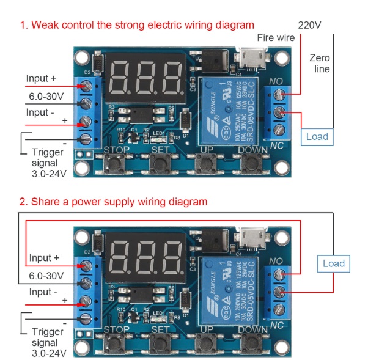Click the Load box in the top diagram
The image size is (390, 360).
[317, 136]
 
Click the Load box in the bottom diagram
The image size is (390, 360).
[334, 263]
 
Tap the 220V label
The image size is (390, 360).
[309, 25]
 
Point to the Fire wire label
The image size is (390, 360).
[276, 37]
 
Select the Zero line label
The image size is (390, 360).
[320, 63]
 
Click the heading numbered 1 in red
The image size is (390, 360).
[136, 25]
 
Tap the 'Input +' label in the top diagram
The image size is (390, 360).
[42, 79]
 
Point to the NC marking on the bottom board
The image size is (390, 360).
[276, 324]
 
